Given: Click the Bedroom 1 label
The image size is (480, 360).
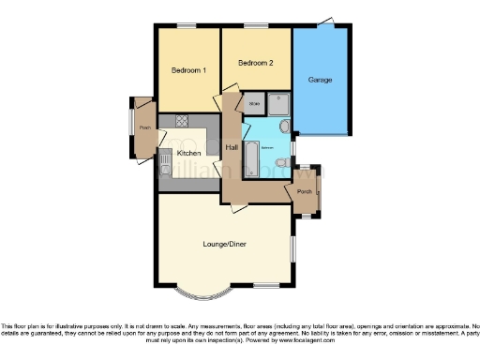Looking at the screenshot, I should (x=188, y=70).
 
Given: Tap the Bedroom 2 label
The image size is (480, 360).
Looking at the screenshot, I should (x=255, y=64).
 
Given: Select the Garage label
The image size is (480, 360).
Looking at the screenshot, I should (x=320, y=80).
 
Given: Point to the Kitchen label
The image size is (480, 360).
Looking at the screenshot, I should (x=188, y=152).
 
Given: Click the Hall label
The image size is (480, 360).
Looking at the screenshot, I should (x=232, y=147).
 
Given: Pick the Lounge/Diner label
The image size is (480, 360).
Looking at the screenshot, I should (x=223, y=244).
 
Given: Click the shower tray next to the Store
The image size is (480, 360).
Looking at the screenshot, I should (x=279, y=103).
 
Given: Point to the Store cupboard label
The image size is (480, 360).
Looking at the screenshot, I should (x=254, y=104).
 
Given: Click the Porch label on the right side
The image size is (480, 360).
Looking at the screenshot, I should (x=304, y=192).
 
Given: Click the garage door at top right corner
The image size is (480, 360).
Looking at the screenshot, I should (x=325, y=21).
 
